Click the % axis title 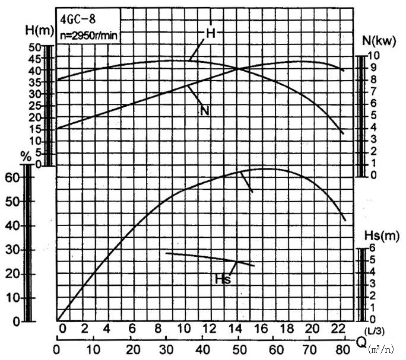point(25,157)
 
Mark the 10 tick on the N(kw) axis point(379,55)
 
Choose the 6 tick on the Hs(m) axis point(372,248)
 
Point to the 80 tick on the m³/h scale point(343,348)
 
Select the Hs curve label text point(224,279)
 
